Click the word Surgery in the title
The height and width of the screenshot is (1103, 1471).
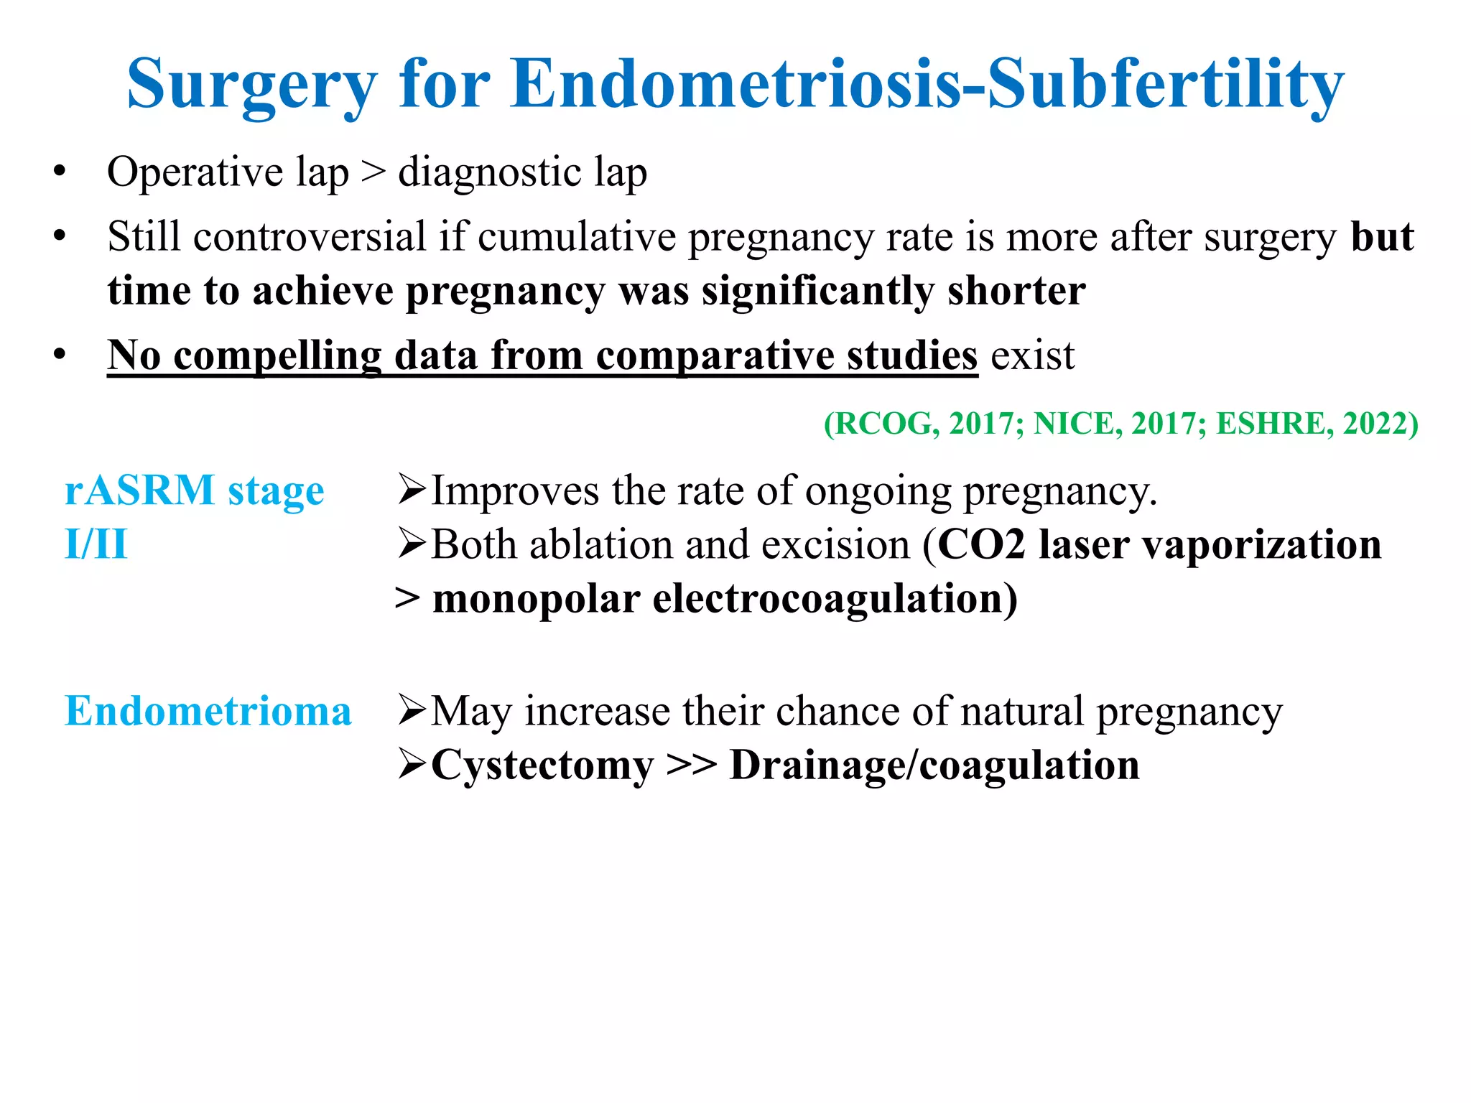[251, 86]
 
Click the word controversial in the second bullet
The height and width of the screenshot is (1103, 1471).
[310, 237]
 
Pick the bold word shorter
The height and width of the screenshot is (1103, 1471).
[1016, 291]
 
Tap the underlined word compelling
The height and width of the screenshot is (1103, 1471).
[277, 355]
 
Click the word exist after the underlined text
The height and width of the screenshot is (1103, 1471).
[1032, 355]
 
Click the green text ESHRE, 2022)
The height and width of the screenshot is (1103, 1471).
[1317, 424]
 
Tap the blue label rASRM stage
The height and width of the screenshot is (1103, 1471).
[194, 492]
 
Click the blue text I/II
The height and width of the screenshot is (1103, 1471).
[96, 544]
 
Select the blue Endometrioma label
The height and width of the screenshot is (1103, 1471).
[208, 712]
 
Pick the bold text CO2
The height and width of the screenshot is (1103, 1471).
[981, 544]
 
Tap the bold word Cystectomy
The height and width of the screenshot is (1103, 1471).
[542, 765]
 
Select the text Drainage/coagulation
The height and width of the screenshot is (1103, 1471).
[934, 765]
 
